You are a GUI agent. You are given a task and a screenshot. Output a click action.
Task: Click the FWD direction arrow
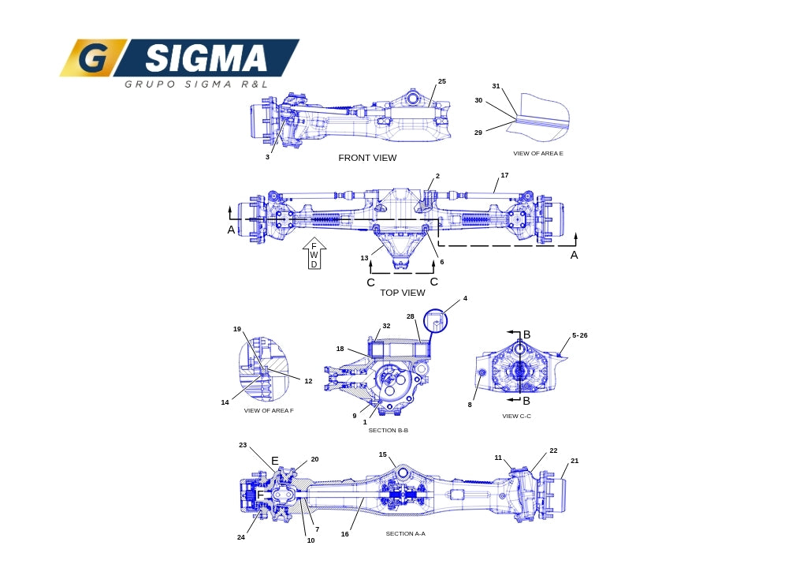coord(314,253)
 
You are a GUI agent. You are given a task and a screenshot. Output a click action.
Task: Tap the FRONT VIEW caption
coord(367,158)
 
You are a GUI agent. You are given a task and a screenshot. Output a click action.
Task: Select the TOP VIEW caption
coord(403,293)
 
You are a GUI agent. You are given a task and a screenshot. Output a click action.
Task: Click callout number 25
coord(442,81)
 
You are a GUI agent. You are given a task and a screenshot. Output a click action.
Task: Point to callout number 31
coord(496,86)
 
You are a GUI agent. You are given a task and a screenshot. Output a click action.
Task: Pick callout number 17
coord(504,175)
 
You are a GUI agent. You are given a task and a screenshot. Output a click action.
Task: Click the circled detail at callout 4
coord(435,320)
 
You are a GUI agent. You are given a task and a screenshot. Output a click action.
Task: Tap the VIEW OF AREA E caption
coord(537,154)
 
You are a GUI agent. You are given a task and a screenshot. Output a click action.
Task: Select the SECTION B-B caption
coord(388,431)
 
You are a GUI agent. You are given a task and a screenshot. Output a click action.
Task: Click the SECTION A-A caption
coord(406,534)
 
